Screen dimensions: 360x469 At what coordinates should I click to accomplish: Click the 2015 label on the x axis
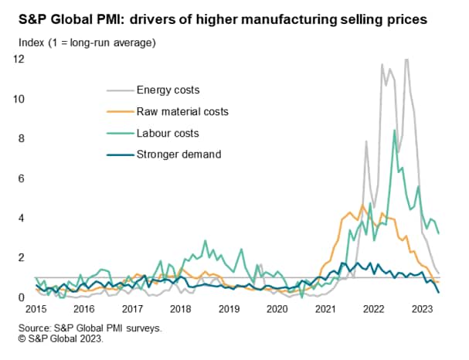(36, 309)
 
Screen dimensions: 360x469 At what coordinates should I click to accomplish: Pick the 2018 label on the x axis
(181, 309)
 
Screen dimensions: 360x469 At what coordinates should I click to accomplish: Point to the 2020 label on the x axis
(277, 309)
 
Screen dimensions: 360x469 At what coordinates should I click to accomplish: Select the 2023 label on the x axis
(421, 309)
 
